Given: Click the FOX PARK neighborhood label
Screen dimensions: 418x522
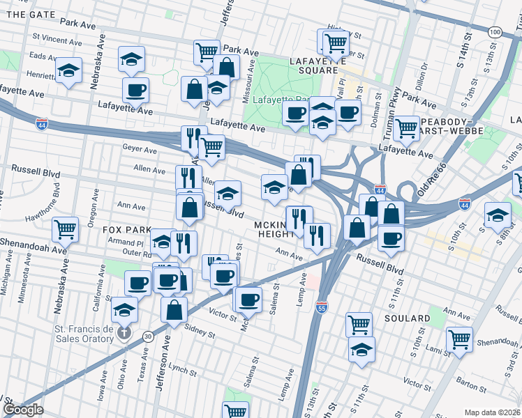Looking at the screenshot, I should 126,229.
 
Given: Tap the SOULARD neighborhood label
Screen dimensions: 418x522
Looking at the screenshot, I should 406,318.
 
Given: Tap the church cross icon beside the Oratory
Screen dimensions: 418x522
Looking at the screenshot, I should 124,332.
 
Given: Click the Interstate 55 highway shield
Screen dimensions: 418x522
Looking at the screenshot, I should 321,308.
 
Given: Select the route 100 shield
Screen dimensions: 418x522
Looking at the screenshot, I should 495,32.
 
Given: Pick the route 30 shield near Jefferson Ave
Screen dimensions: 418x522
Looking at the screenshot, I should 147,336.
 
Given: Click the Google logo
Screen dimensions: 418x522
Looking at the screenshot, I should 23,410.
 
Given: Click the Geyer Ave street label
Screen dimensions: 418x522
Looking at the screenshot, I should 140,149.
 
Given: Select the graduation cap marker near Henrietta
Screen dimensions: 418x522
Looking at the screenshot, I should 68,71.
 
